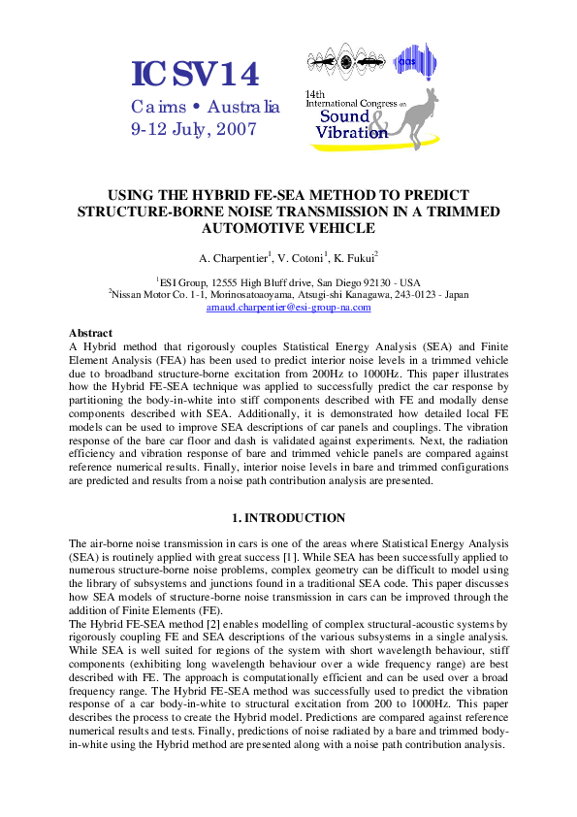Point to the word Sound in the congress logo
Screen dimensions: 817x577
(x=344, y=117)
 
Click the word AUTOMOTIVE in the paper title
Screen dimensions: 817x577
(x=288, y=229)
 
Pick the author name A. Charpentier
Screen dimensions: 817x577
(x=234, y=258)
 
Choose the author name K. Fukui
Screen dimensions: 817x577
(x=355, y=258)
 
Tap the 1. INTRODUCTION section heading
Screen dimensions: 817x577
(x=288, y=518)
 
